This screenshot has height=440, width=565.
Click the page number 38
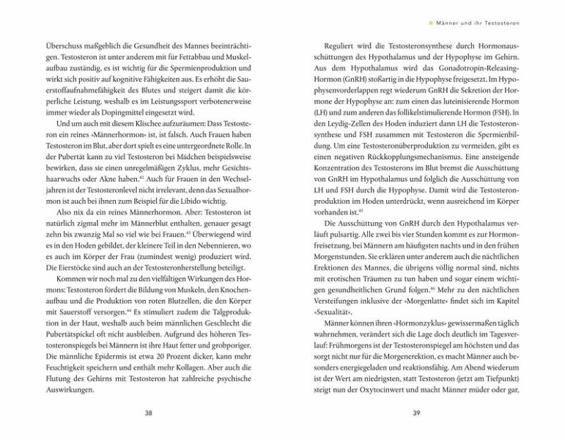point(149,414)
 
